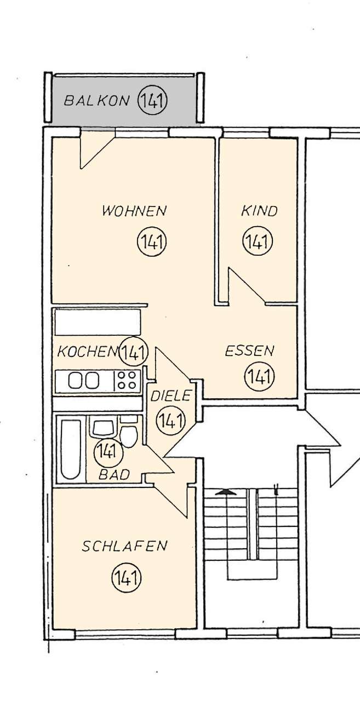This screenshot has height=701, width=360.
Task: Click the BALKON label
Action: click(x=96, y=100)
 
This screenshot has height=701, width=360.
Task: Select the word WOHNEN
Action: click(x=134, y=210)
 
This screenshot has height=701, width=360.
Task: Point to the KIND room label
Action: click(x=259, y=211)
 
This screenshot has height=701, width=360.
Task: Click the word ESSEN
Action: click(x=249, y=351)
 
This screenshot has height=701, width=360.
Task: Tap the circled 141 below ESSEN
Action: click(x=259, y=377)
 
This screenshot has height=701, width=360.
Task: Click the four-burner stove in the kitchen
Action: click(x=127, y=380)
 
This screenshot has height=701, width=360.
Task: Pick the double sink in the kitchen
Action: click(x=83, y=381)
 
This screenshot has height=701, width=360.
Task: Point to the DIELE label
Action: click(x=170, y=395)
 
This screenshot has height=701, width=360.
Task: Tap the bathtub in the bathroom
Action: click(x=70, y=449)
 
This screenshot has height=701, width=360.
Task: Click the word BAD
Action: click(x=114, y=474)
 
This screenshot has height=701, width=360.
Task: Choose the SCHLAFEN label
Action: click(x=124, y=546)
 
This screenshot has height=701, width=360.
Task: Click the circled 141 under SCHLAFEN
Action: click(x=127, y=577)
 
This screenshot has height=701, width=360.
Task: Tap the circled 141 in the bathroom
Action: click(x=108, y=452)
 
